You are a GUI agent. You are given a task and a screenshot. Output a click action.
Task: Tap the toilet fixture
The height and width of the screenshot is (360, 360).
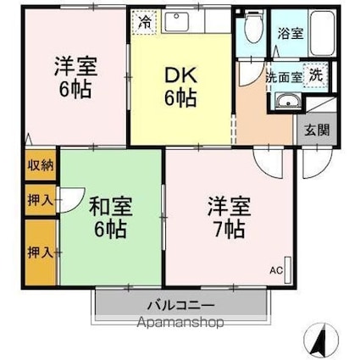click(252, 31)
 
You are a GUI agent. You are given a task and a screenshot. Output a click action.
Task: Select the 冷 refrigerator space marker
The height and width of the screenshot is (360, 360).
click(147, 22)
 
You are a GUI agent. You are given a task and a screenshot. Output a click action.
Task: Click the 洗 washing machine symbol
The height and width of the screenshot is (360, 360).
click(315, 74)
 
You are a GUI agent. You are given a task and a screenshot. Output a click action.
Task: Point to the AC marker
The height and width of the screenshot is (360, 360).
click(276, 271)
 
